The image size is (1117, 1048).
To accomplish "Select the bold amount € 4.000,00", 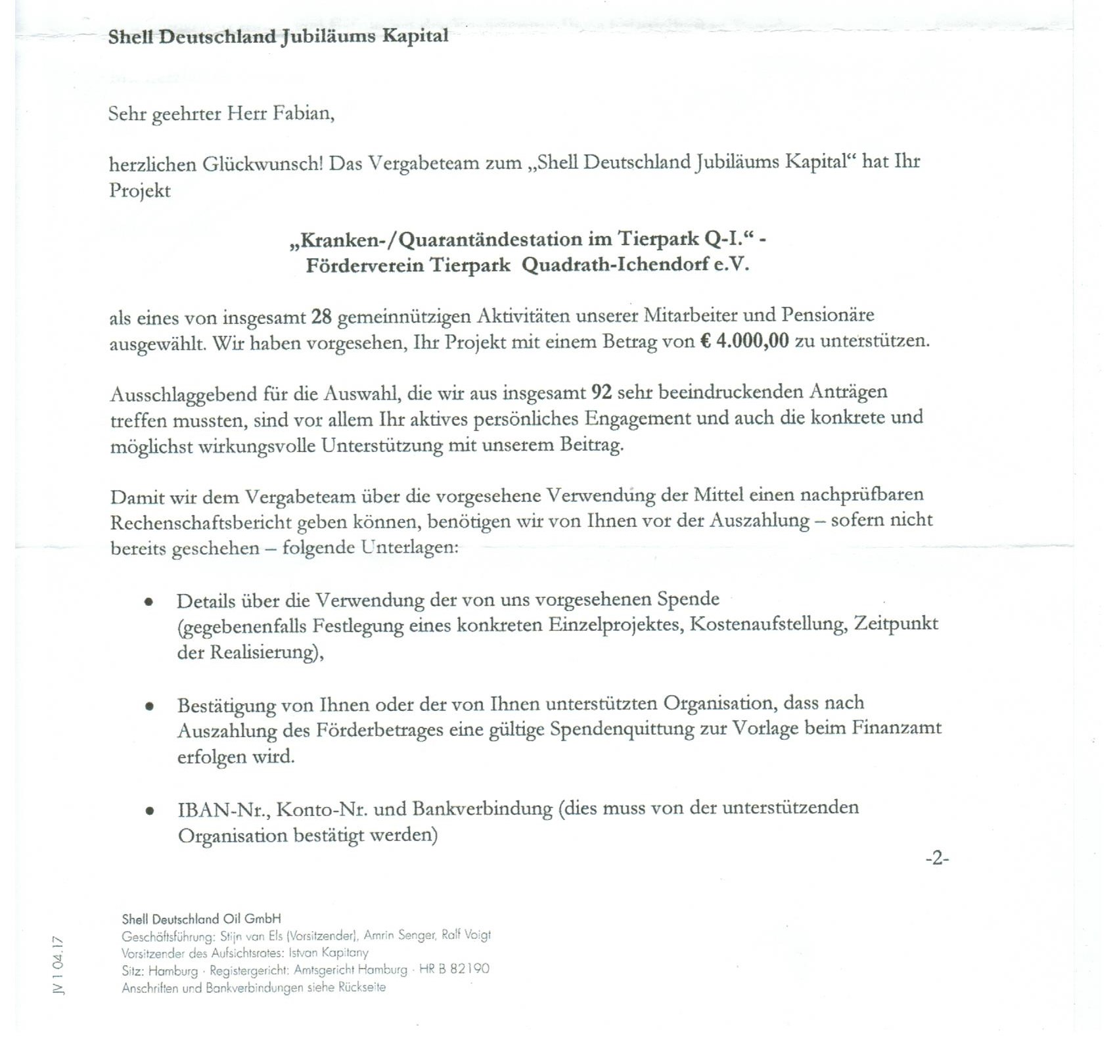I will coord(744,342).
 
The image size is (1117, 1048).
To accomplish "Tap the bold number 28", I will coord(321,317).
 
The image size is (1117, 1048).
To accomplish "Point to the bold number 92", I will coord(601,392).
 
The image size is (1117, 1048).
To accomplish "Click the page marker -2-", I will coord(937,858).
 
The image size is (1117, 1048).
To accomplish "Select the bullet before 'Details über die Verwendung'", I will coord(149,601).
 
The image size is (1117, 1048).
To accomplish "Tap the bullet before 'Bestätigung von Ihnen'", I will coord(150,706).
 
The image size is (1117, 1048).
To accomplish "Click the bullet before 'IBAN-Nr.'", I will coord(150,811).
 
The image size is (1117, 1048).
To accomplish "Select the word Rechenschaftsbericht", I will coord(200,522).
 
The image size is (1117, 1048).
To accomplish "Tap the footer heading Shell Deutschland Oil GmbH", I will coord(201,919).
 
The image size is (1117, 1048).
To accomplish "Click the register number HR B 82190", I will coord(454,969).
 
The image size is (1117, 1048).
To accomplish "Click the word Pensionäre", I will coord(827,315).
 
